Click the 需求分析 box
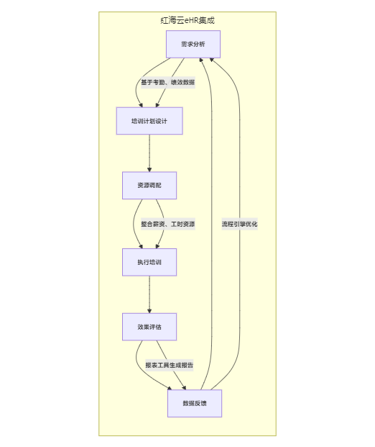tap(193, 44)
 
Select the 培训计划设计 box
tap(149, 121)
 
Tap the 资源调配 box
tap(149, 185)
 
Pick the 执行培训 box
tap(149, 262)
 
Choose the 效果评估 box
tap(149, 327)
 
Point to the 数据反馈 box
tap(195, 403)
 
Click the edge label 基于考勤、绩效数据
tap(168, 82)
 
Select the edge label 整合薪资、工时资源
tap(168, 224)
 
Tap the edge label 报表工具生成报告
tap(170, 365)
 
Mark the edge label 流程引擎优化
tap(239, 224)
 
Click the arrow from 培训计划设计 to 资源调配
tap(149, 153)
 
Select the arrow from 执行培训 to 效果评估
tap(149, 294)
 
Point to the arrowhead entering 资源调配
tap(149, 170)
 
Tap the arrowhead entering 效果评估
tap(149, 311)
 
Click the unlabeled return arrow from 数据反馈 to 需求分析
tap(212, 224)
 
